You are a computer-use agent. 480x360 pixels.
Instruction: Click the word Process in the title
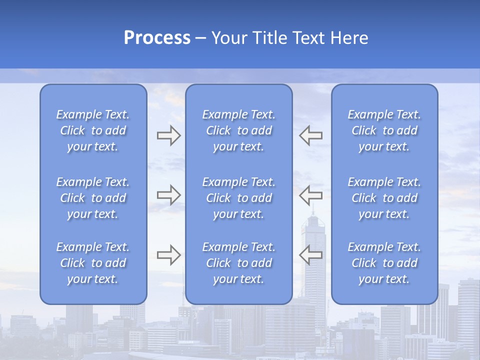(157, 38)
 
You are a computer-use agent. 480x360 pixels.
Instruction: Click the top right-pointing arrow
(168, 135)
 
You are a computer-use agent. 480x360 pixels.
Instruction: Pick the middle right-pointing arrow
(168, 194)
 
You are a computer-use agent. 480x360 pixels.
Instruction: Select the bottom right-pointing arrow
(168, 254)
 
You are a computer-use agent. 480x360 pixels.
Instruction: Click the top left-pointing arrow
(310, 135)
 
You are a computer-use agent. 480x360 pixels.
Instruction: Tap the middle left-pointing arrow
(310, 194)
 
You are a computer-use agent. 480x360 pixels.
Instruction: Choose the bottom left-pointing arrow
(310, 254)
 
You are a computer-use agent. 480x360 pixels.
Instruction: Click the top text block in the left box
(93, 130)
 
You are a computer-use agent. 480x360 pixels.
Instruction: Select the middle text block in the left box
(93, 198)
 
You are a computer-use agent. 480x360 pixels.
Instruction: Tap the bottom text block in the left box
(93, 263)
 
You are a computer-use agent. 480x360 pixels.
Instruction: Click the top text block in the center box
(239, 130)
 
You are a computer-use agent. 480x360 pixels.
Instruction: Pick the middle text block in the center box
(239, 198)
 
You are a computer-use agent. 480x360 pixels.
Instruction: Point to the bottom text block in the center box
(239, 263)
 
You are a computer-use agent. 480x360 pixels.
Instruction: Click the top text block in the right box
(384, 130)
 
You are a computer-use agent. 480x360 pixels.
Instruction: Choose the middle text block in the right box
(384, 198)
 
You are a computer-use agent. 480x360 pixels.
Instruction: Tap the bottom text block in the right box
(384, 263)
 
